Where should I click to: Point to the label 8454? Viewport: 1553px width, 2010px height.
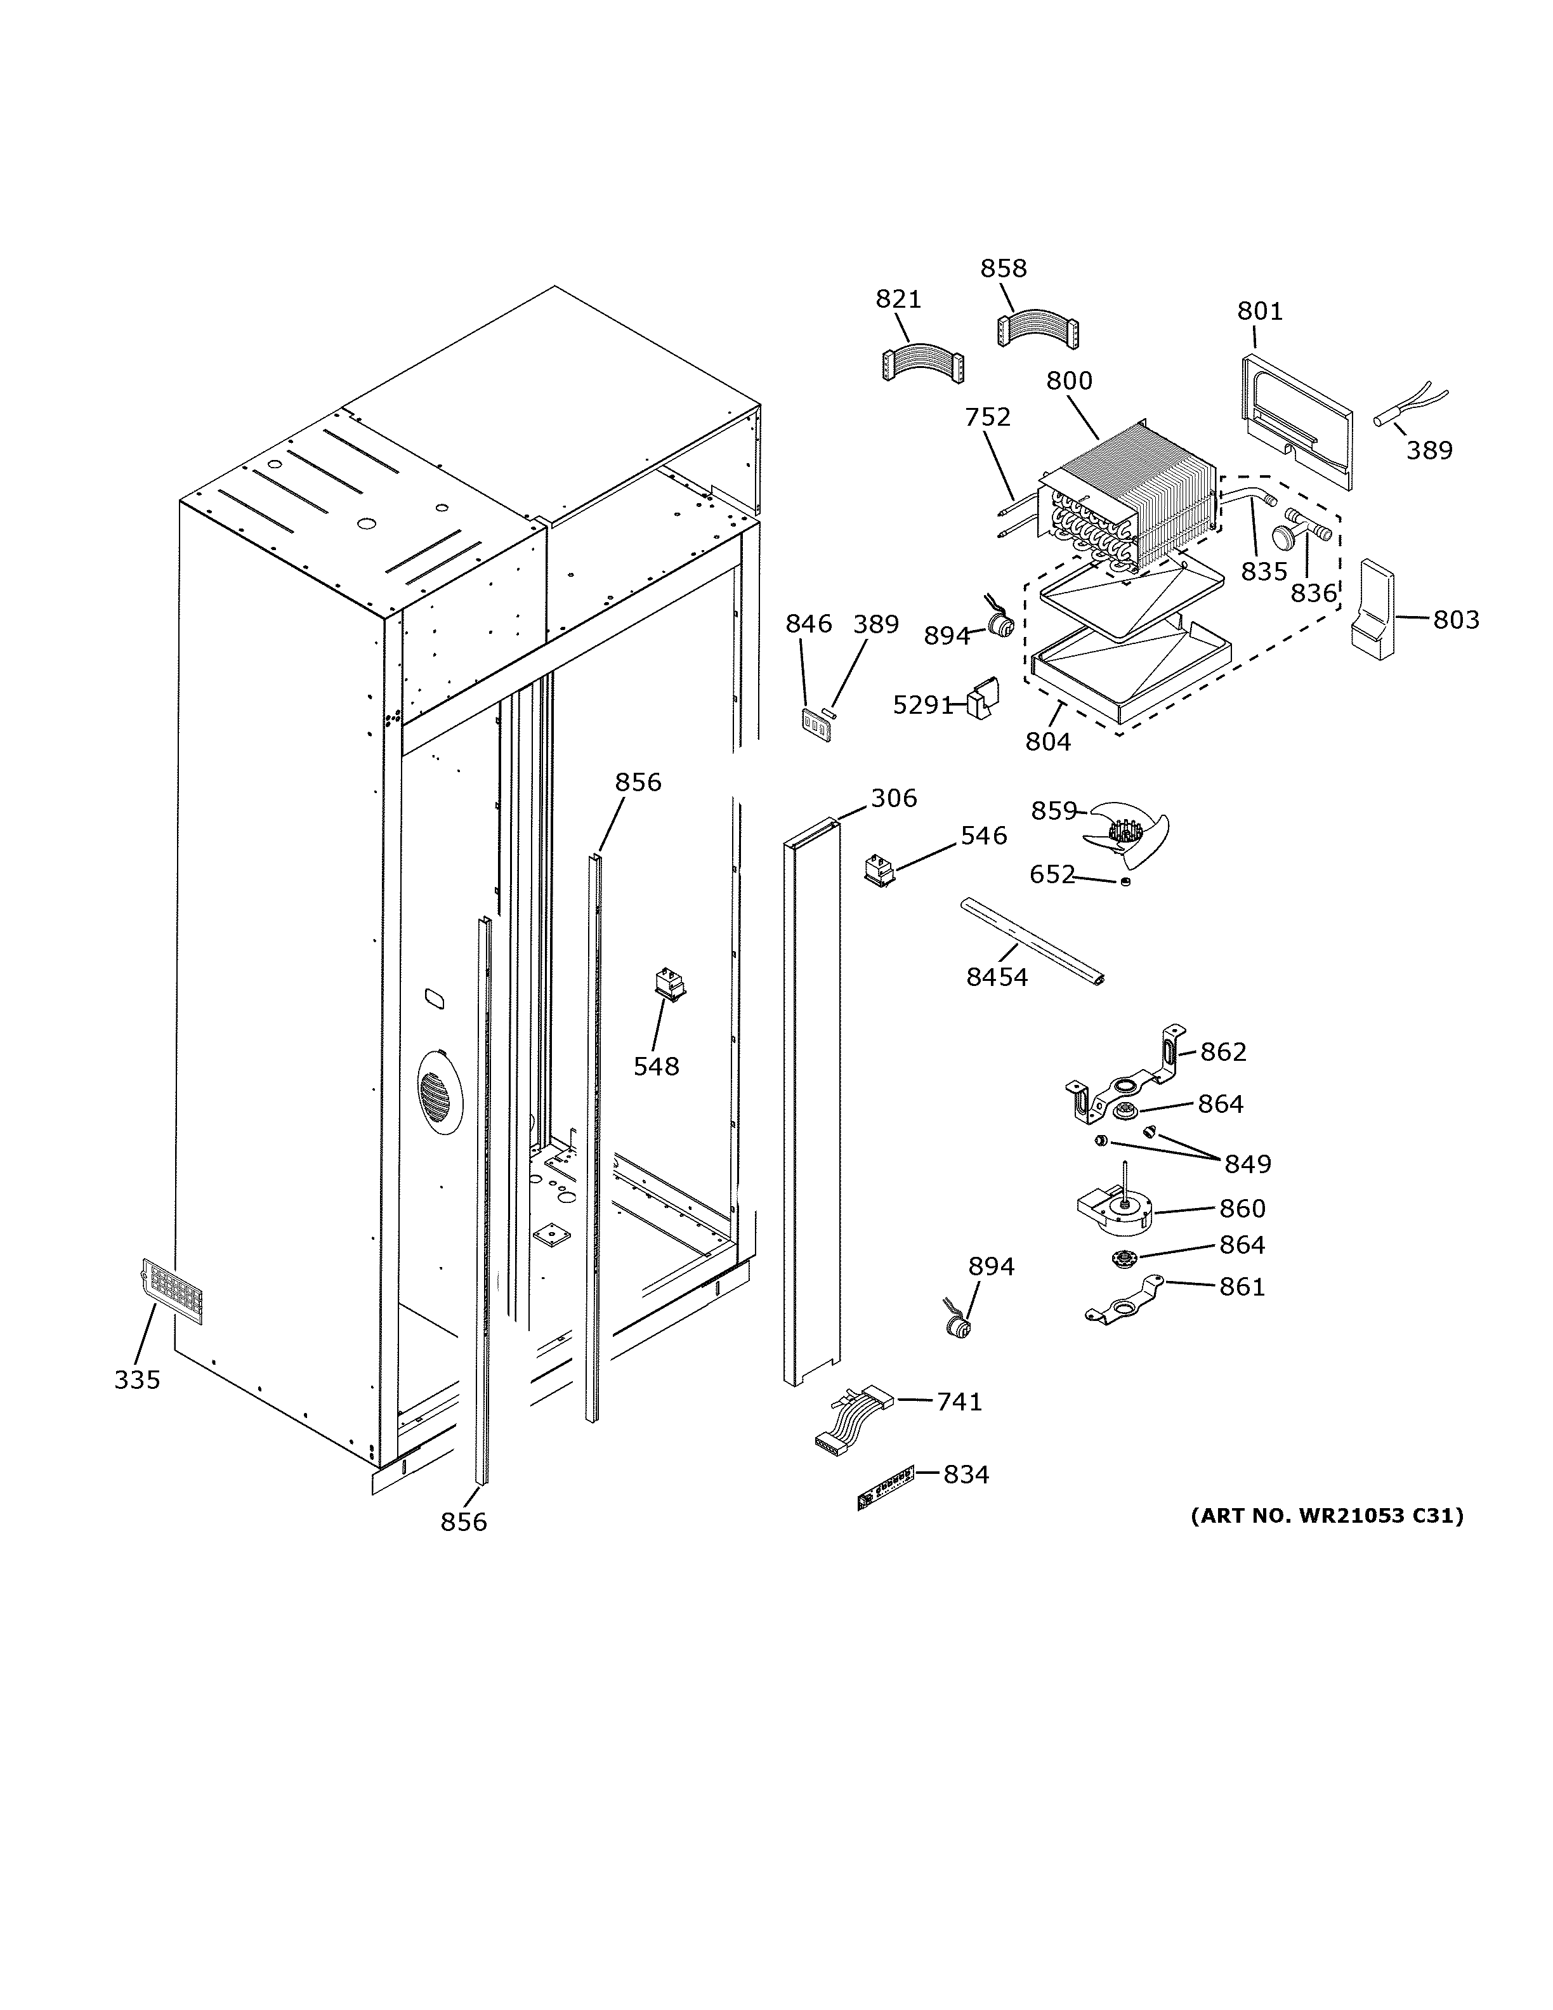[x=997, y=977]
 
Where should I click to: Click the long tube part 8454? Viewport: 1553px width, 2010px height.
[x=1032, y=942]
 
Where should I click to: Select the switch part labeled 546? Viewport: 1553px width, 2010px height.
[x=881, y=870]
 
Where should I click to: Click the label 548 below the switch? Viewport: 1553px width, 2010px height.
[x=656, y=1066]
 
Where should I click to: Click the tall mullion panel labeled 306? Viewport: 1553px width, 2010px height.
[x=811, y=1105]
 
